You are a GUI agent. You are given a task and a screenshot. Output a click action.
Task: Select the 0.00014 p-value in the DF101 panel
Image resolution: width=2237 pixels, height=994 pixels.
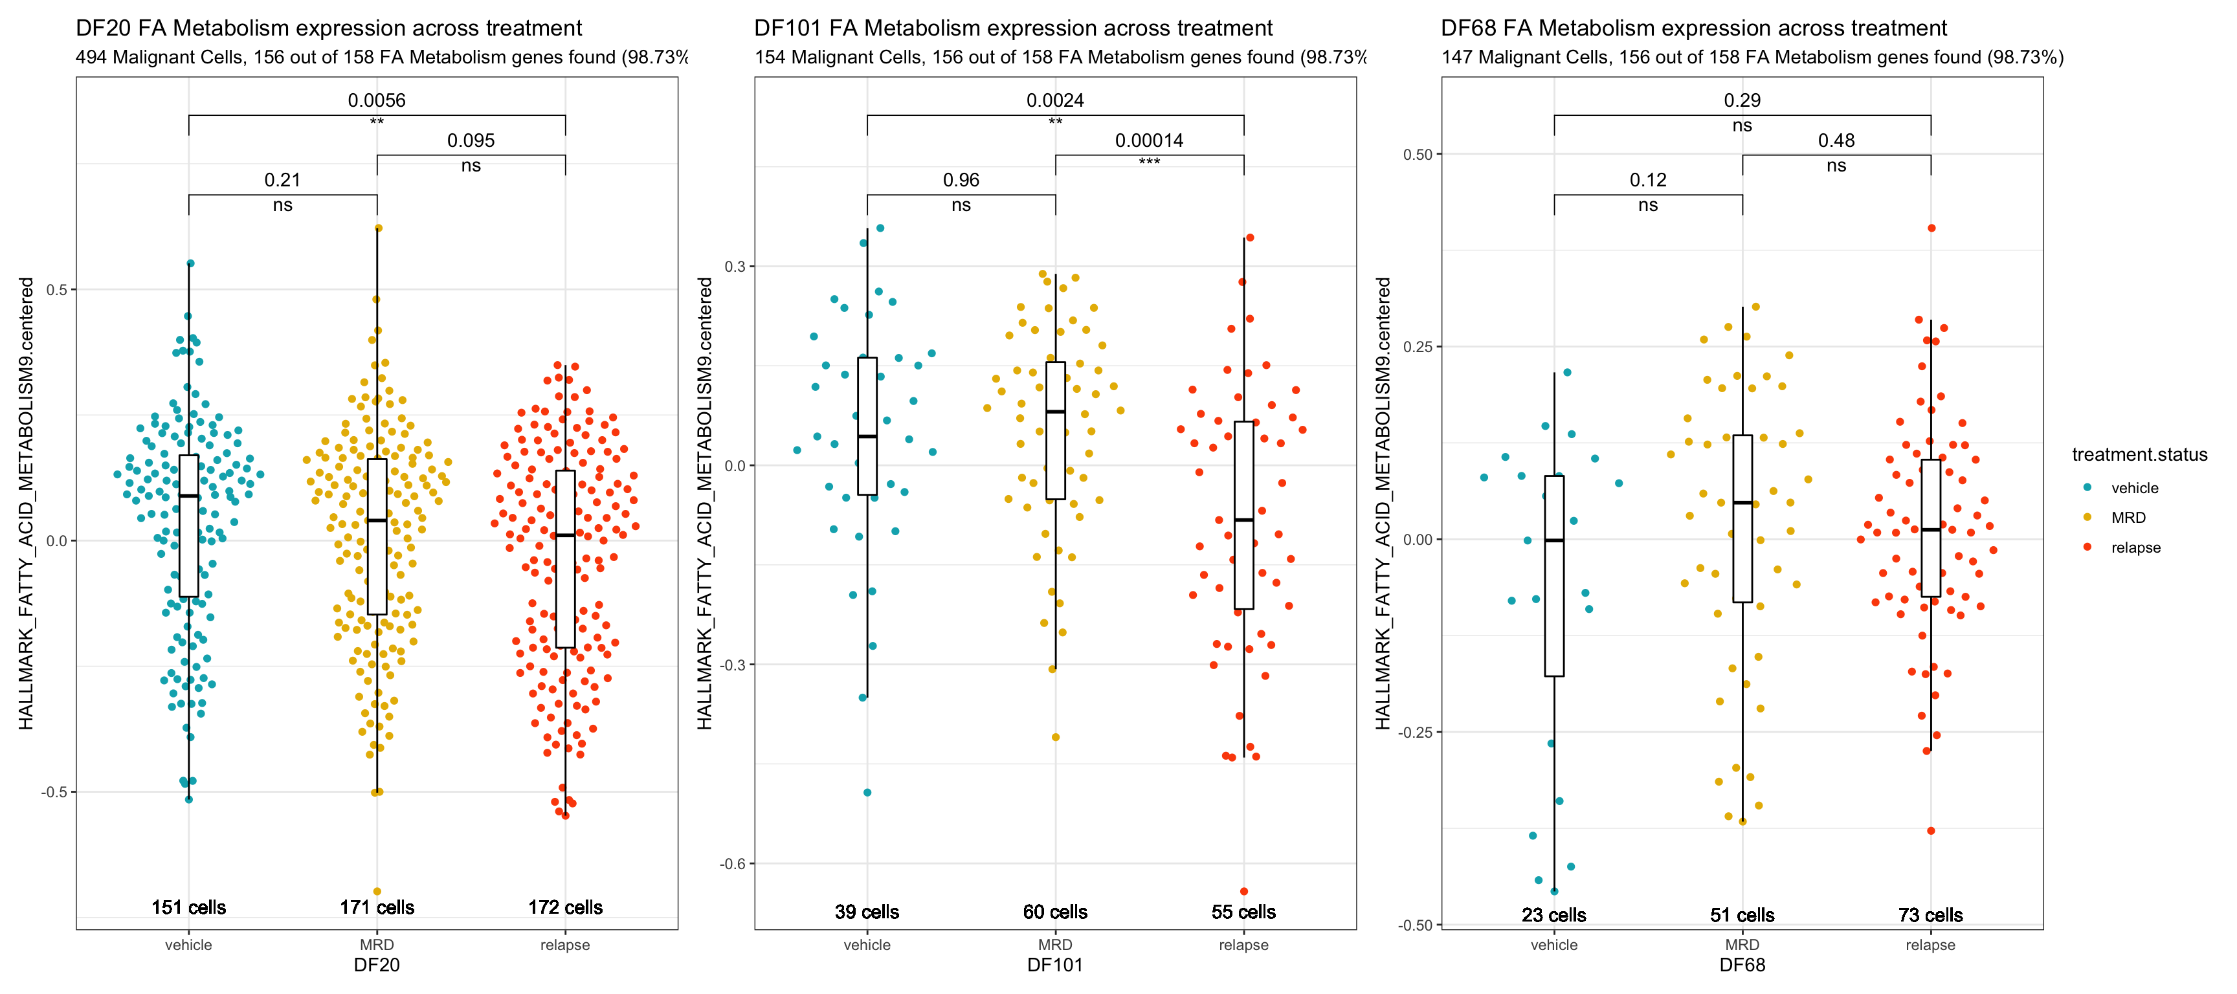(x=1149, y=140)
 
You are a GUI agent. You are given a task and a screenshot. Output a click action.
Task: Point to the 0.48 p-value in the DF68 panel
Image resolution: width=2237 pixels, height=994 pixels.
(x=1836, y=140)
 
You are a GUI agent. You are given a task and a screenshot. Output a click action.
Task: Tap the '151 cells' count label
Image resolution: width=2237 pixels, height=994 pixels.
(x=188, y=907)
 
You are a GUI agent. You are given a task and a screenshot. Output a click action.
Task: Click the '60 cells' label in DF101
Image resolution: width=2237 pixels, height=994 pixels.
(x=1055, y=912)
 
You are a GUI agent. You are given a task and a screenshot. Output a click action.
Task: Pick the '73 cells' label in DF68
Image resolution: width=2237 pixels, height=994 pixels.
(x=1930, y=915)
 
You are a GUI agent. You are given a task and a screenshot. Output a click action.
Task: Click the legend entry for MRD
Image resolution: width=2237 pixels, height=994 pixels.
(x=2128, y=518)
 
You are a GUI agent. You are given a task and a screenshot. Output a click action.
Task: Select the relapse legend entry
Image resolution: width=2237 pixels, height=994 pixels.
(x=2135, y=547)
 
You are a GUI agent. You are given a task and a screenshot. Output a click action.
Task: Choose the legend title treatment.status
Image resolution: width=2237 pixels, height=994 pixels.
(x=2139, y=455)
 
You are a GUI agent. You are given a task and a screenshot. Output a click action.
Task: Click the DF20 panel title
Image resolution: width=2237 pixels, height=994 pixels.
(x=328, y=28)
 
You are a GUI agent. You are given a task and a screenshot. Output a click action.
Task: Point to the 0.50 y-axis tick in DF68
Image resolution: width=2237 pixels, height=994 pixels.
(x=1418, y=155)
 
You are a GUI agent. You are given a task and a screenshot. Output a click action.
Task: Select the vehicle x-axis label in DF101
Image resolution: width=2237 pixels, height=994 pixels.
(x=867, y=945)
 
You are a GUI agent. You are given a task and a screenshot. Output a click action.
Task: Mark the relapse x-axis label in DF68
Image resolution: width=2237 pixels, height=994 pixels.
(x=1930, y=945)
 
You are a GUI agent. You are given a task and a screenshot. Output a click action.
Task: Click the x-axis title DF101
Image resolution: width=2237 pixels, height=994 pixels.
(x=1054, y=966)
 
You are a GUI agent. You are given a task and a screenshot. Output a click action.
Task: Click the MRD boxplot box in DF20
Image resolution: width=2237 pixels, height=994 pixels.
(x=377, y=536)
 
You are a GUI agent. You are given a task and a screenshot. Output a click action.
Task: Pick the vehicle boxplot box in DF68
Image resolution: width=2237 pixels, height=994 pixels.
(x=1553, y=575)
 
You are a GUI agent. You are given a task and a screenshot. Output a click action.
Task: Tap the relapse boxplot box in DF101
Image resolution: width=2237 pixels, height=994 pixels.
(x=1243, y=515)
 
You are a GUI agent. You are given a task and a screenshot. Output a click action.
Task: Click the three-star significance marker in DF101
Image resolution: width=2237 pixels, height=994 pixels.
(x=1149, y=162)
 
